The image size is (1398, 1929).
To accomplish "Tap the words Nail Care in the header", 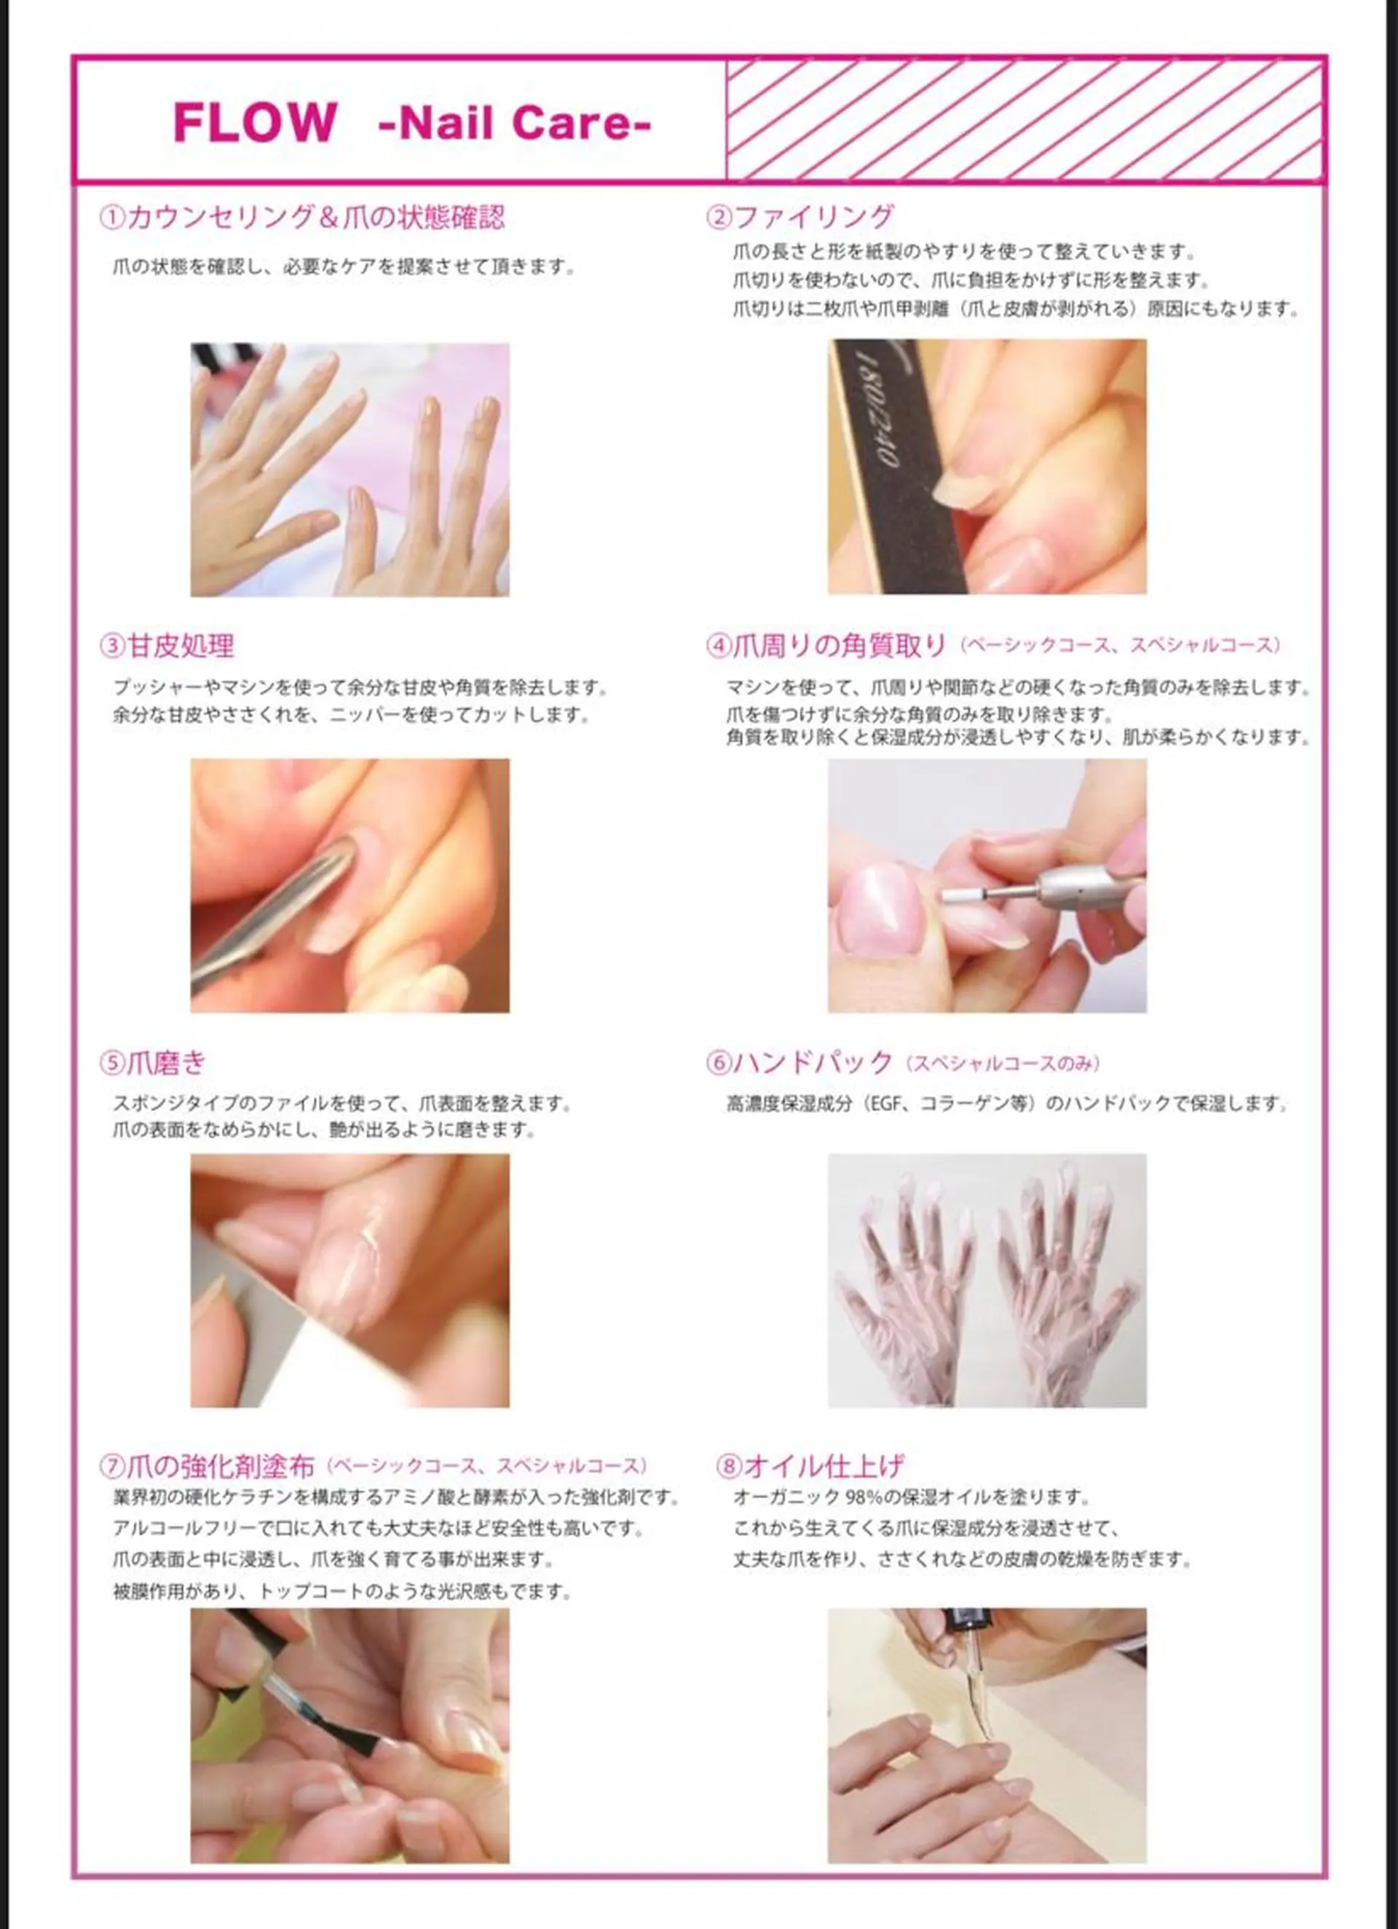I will tap(515, 122).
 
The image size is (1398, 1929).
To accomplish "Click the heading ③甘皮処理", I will tap(167, 646).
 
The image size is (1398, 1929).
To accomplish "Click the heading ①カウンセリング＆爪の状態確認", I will tap(302, 217).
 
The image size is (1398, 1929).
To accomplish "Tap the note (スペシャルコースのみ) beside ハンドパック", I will tap(1003, 1063).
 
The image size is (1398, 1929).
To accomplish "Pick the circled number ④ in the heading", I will tap(718, 646).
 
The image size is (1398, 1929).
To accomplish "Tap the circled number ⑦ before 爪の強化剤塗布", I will tap(112, 1465).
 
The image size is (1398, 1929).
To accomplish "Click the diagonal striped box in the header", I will tap(1025, 120).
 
